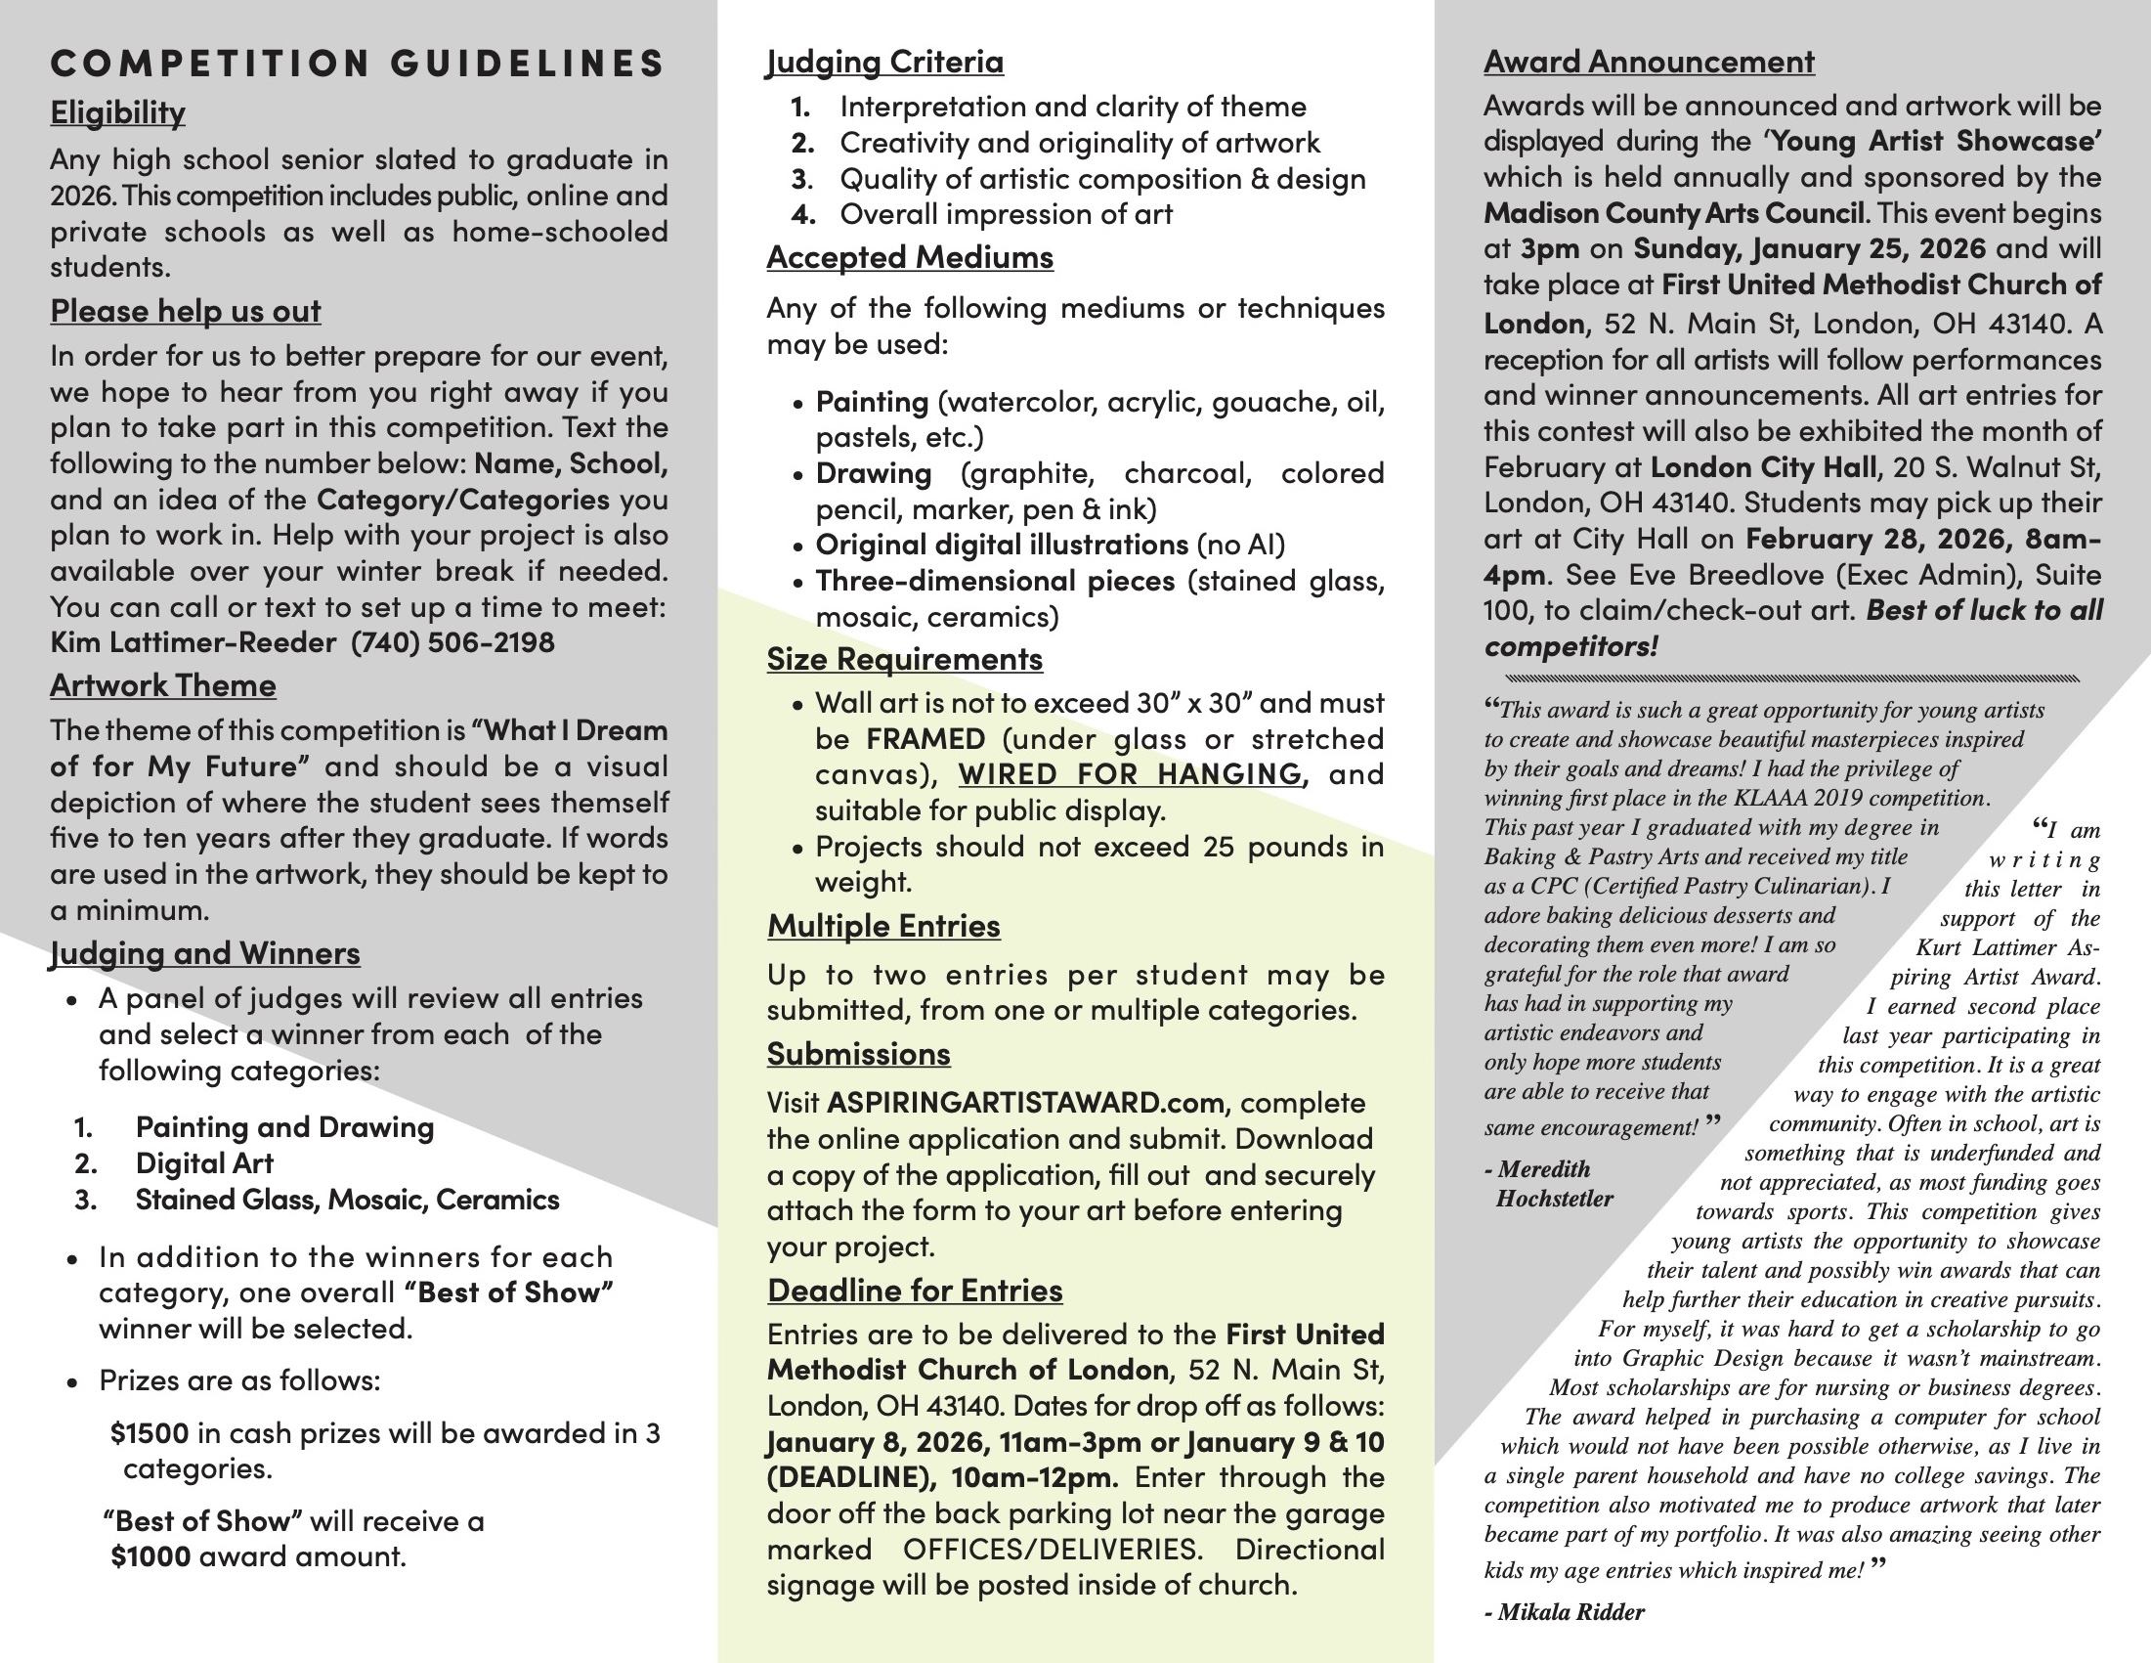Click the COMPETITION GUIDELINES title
[358, 63]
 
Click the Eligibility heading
[117, 112]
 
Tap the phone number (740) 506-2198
[452, 642]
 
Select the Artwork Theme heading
[162, 685]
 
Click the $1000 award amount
[151, 1556]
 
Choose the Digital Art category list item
[204, 1163]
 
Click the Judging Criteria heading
[884, 62]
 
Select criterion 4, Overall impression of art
[1005, 215]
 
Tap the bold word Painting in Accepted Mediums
[872, 402]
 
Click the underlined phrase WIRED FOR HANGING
[1131, 774]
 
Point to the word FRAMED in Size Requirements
[925, 739]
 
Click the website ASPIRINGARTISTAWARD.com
[1025, 1103]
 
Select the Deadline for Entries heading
[914, 1291]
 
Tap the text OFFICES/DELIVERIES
[1052, 1550]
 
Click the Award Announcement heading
[1648, 62]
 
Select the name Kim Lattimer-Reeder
[194, 642]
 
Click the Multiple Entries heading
[882, 926]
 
